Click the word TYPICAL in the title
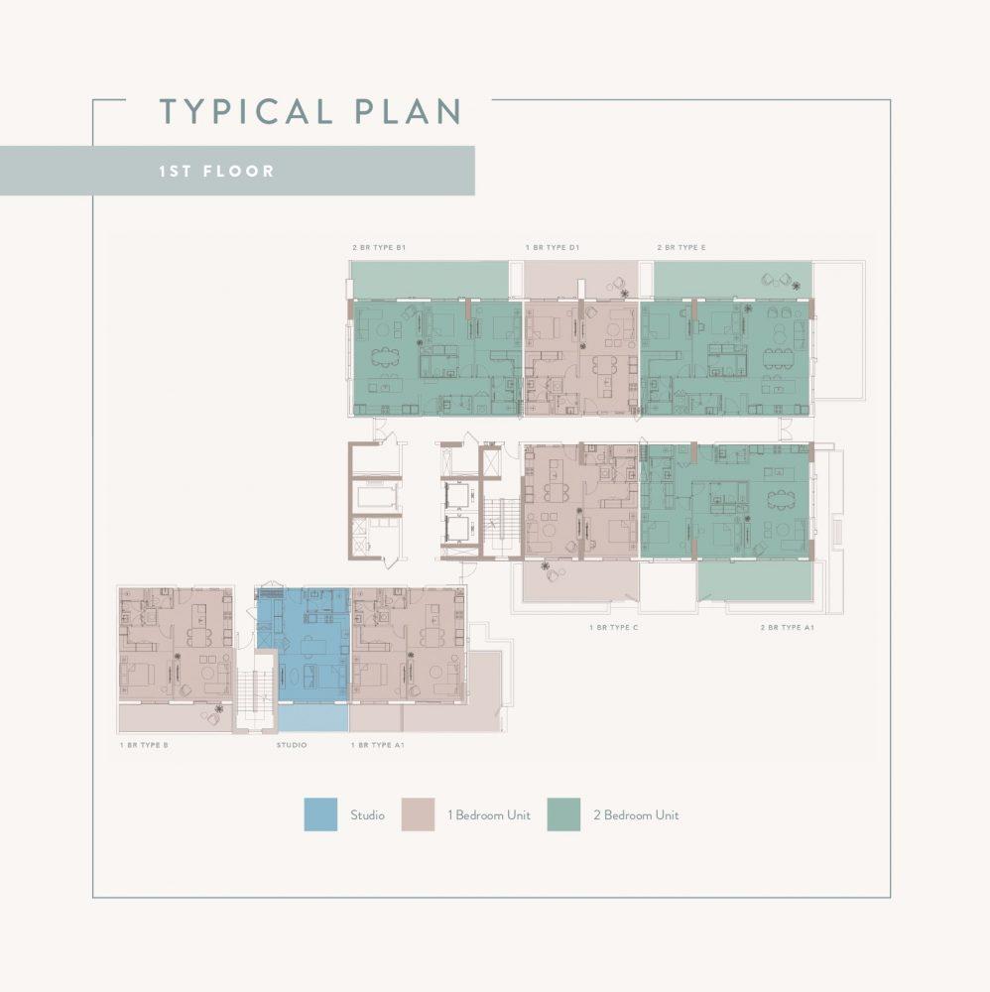pos(246,111)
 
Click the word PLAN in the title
pos(408,111)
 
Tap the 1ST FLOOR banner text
pos(216,171)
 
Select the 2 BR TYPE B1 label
pos(379,247)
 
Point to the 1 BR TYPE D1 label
pos(553,247)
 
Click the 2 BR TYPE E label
pos(681,247)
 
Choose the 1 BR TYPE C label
pos(614,628)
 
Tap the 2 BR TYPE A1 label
pos(787,628)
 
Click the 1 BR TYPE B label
pos(144,745)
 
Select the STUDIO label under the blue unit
pos(292,745)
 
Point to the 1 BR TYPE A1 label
pos(378,745)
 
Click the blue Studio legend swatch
pos(320,814)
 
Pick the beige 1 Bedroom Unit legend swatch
pos(419,814)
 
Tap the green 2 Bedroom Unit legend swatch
pos(563,814)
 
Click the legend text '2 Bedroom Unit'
pos(636,814)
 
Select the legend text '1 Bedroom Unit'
pos(489,814)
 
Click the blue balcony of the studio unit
pos(313,718)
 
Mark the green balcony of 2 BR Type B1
pos(431,279)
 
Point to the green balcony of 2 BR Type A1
pos(755,581)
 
